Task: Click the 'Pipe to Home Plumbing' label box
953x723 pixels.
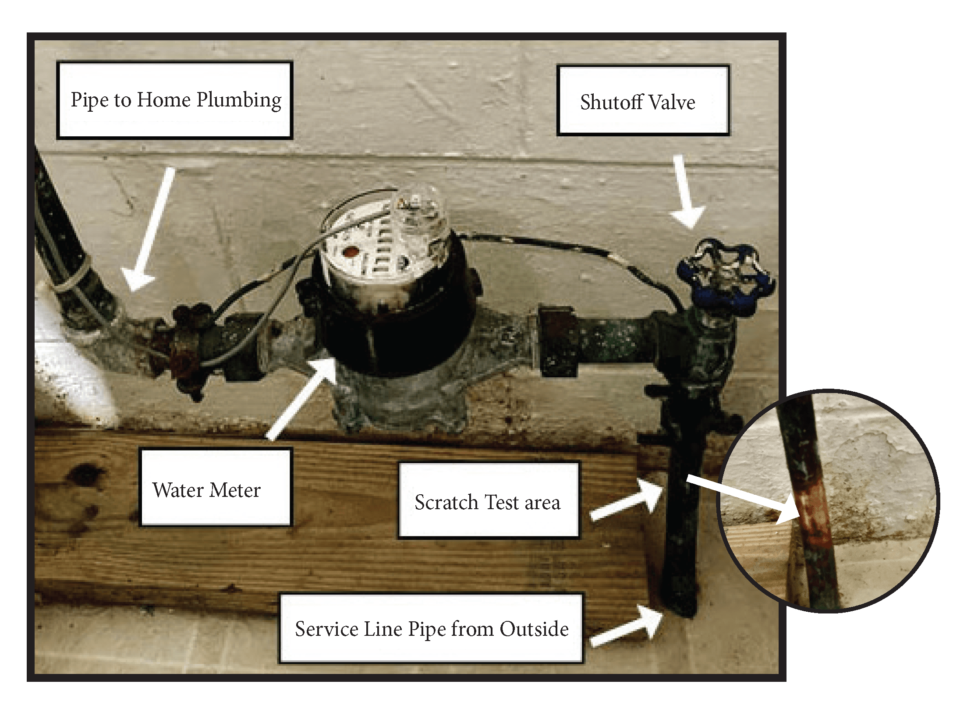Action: [x=174, y=100]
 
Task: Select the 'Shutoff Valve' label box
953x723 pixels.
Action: [x=643, y=100]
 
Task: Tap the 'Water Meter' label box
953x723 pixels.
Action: [x=215, y=487]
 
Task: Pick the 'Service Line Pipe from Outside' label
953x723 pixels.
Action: [x=432, y=628]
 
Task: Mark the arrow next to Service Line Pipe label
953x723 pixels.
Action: [x=627, y=627]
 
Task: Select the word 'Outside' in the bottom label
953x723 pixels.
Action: [x=534, y=629]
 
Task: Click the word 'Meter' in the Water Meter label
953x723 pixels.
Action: [x=235, y=490]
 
